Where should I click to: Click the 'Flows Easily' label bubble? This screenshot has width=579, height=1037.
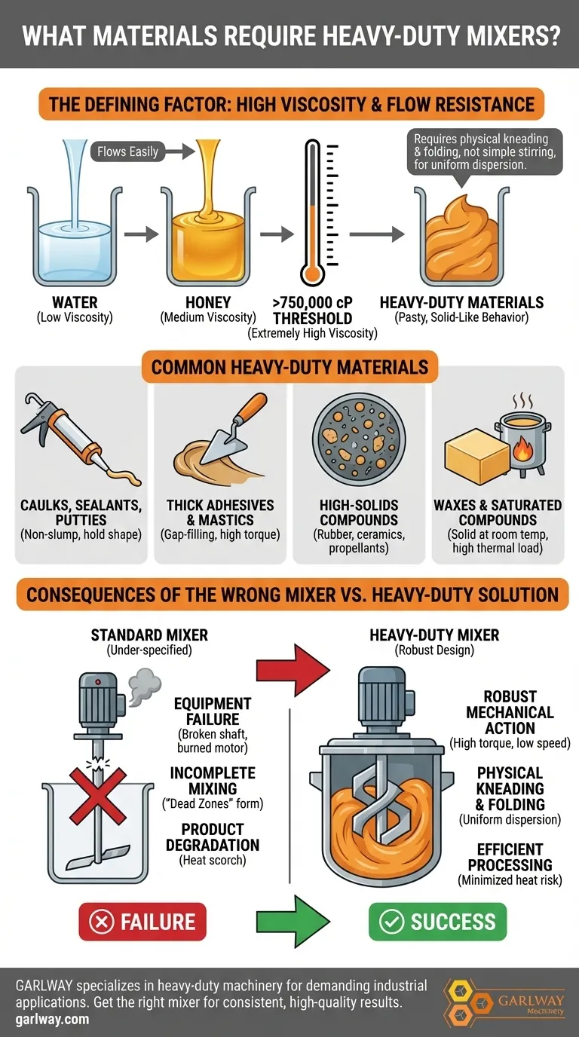128,151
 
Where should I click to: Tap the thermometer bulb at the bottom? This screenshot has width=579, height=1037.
313,274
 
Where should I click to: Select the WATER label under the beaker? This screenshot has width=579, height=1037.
75,302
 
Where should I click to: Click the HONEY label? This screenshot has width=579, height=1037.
208,302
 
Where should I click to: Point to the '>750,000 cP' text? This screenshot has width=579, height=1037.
313,302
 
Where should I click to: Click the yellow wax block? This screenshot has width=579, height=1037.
477,456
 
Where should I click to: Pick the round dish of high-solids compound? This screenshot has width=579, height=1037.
359,439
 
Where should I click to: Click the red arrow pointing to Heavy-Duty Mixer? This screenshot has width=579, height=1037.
293,669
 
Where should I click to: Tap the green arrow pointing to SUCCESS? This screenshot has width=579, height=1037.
293,921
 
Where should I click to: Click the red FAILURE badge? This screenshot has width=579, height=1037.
142,921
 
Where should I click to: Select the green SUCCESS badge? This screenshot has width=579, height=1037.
438,921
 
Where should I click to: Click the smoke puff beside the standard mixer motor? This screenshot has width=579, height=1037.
145,686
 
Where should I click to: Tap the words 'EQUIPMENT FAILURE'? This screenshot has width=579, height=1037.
213,711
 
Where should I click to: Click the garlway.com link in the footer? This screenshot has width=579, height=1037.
52,1019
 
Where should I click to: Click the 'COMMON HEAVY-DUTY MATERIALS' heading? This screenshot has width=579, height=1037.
289,367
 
